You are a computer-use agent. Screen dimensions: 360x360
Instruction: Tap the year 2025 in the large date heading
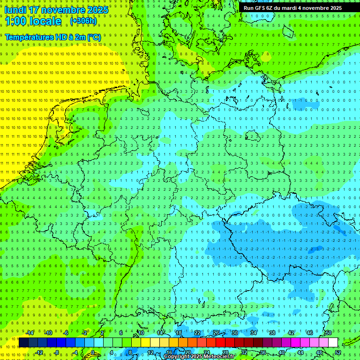(x=97, y=10)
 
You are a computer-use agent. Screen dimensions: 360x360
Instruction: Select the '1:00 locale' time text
(x=33, y=22)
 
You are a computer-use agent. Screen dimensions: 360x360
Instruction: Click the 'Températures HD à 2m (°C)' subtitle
(x=52, y=37)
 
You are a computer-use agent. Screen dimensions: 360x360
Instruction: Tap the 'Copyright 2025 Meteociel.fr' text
(x=199, y=357)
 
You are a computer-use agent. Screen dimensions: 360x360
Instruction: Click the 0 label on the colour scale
(x=93, y=352)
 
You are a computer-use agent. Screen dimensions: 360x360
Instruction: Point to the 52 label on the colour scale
(x=338, y=352)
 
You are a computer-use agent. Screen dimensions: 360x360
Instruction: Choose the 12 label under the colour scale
(x=150, y=352)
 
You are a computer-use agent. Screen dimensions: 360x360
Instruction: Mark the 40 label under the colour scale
(x=282, y=352)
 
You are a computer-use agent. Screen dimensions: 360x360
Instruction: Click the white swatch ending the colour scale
(x=333, y=342)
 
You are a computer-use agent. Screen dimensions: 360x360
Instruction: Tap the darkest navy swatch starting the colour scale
(x=23, y=342)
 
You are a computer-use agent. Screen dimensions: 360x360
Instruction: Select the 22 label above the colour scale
(x=197, y=333)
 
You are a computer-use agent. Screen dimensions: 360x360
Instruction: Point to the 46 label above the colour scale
(x=309, y=333)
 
